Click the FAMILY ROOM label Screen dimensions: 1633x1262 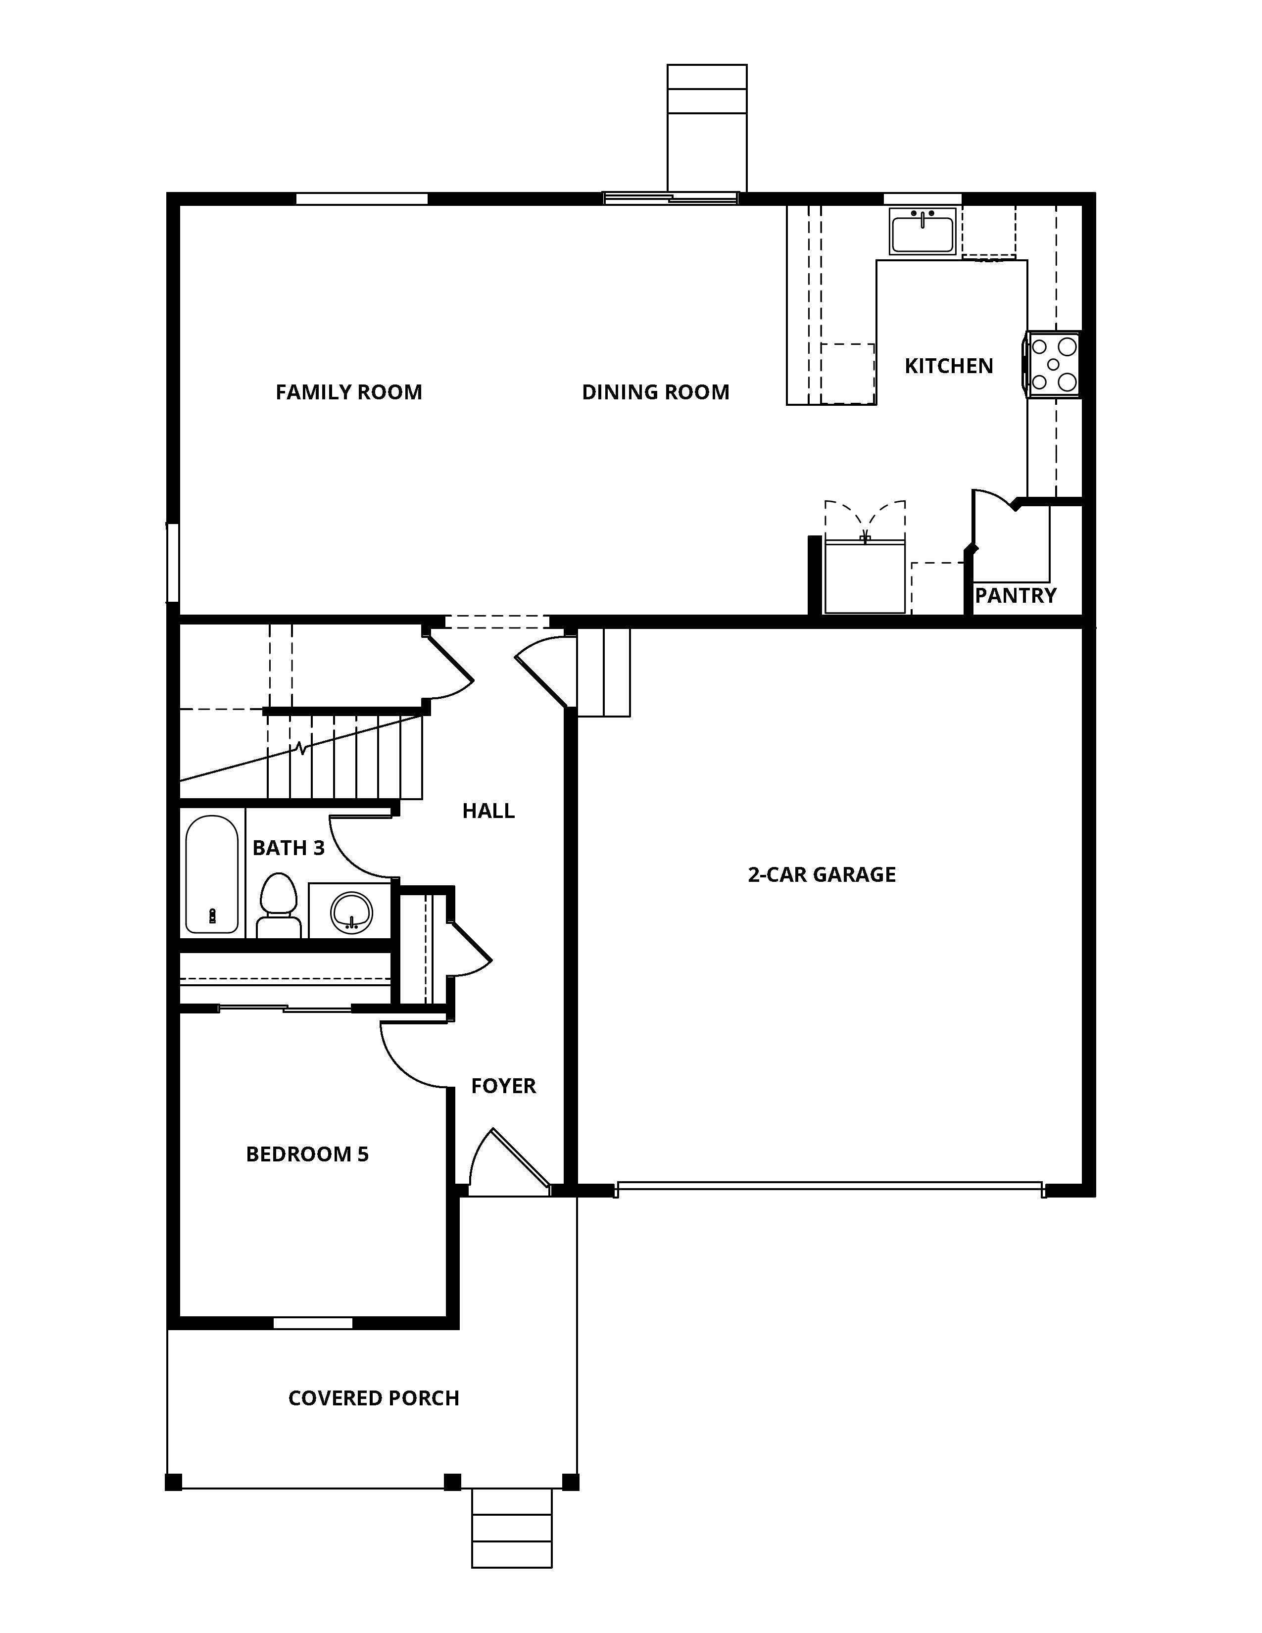click(348, 392)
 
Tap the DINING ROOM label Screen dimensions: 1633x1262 click(655, 392)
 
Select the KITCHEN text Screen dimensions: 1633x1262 click(948, 366)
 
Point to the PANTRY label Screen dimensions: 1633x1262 click(1015, 595)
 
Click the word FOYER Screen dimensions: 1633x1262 click(503, 1086)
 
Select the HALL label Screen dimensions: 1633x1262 click(488, 811)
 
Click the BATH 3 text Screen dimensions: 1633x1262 click(289, 848)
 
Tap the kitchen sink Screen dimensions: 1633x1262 click(922, 231)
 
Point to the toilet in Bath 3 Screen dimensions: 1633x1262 click(278, 906)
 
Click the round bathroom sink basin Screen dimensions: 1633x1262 click(351, 912)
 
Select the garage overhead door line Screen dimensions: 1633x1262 click(828, 1185)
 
